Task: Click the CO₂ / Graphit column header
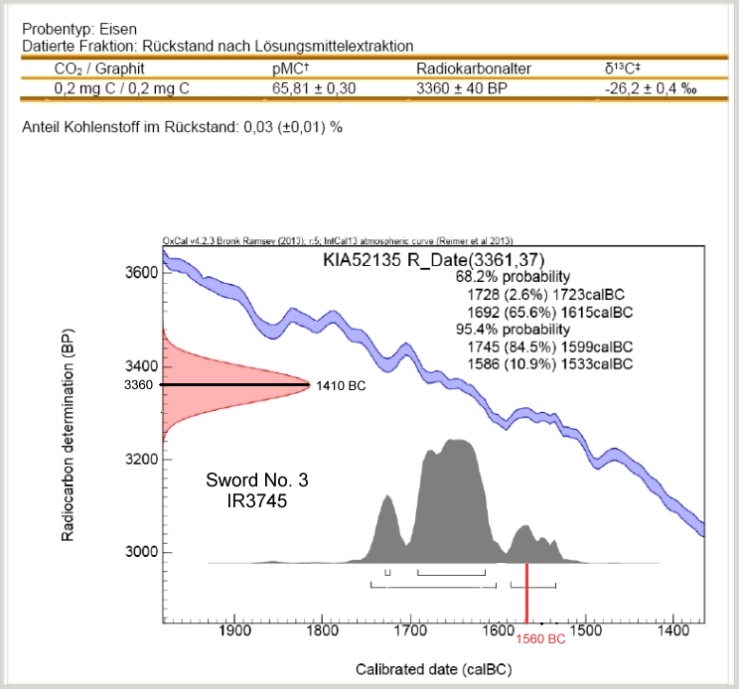pos(95,69)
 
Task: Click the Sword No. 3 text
pos(258,482)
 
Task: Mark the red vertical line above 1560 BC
pos(526,596)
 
